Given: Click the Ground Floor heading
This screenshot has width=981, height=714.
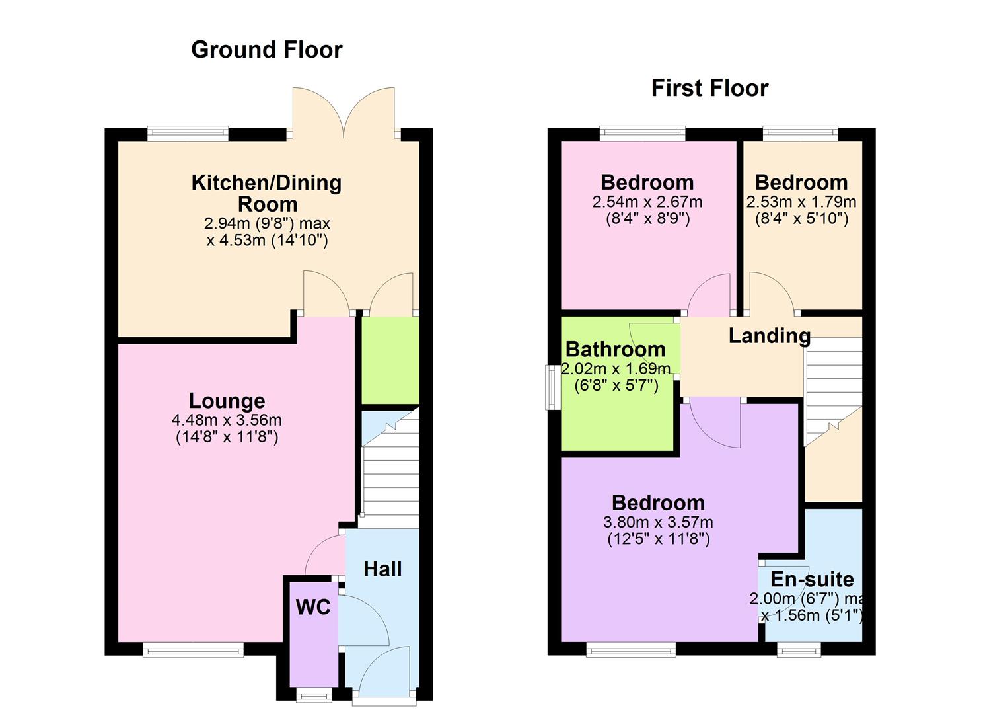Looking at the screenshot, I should point(266,50).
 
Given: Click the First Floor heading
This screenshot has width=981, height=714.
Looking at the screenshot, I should point(709,88).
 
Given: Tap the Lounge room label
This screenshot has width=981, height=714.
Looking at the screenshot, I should point(227,401).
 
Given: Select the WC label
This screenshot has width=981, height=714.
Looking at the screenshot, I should point(313,607).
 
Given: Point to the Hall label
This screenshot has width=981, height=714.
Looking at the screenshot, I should point(382,569).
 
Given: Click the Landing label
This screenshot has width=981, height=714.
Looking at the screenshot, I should point(769,336).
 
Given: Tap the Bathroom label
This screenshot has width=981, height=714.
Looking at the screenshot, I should point(615,349).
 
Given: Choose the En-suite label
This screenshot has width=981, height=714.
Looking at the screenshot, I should point(812,579).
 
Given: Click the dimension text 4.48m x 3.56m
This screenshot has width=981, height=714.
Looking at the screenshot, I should point(227,420).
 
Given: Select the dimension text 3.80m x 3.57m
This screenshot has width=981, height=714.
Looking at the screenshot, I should point(658,522).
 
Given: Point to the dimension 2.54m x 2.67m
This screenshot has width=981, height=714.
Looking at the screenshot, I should point(647,202).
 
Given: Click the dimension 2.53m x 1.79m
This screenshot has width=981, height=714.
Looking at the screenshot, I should point(801,202).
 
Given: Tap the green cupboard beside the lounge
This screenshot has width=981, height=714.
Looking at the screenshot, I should point(390,360).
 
